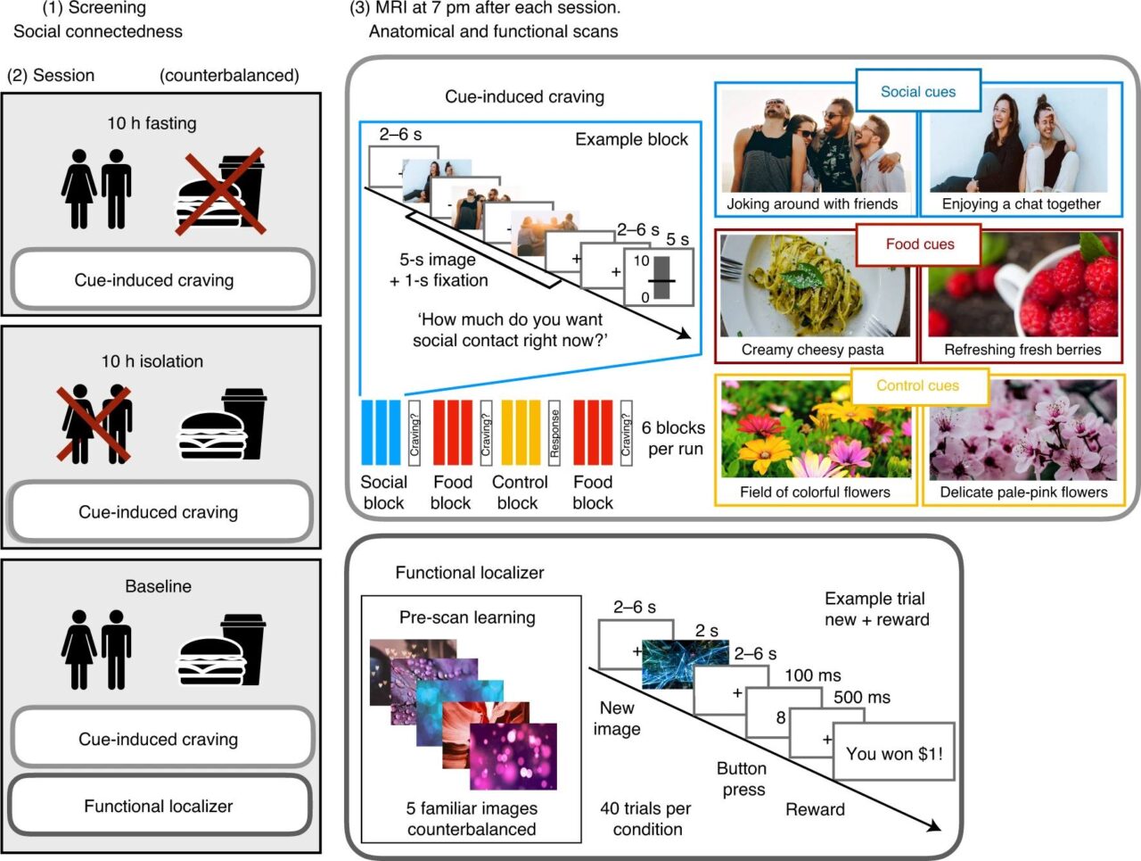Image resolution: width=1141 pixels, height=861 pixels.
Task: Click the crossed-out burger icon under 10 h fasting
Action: pos(221,193)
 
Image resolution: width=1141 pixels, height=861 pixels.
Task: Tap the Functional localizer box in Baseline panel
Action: pos(159,806)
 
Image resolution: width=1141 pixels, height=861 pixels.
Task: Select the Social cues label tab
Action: pos(918,92)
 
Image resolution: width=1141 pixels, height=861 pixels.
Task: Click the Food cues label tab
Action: pos(919,244)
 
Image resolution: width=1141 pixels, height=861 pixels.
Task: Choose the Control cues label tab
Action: pos(917,385)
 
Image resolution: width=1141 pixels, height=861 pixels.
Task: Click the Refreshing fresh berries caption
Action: pos(1022,350)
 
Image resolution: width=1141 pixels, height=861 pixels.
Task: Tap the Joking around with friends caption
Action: pos(812,203)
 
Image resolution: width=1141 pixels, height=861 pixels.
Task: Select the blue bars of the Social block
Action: pos(382,433)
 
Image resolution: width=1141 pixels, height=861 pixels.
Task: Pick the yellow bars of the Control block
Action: pos(521,433)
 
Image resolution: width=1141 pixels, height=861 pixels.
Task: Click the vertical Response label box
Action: pos(554,433)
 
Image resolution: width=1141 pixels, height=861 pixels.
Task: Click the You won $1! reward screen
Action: pos(893,753)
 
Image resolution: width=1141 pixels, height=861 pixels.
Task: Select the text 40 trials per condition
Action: pos(647,818)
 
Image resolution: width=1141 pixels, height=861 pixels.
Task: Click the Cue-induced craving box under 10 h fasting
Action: pos(154,280)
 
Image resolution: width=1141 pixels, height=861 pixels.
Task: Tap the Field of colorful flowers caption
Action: pos(815,492)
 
